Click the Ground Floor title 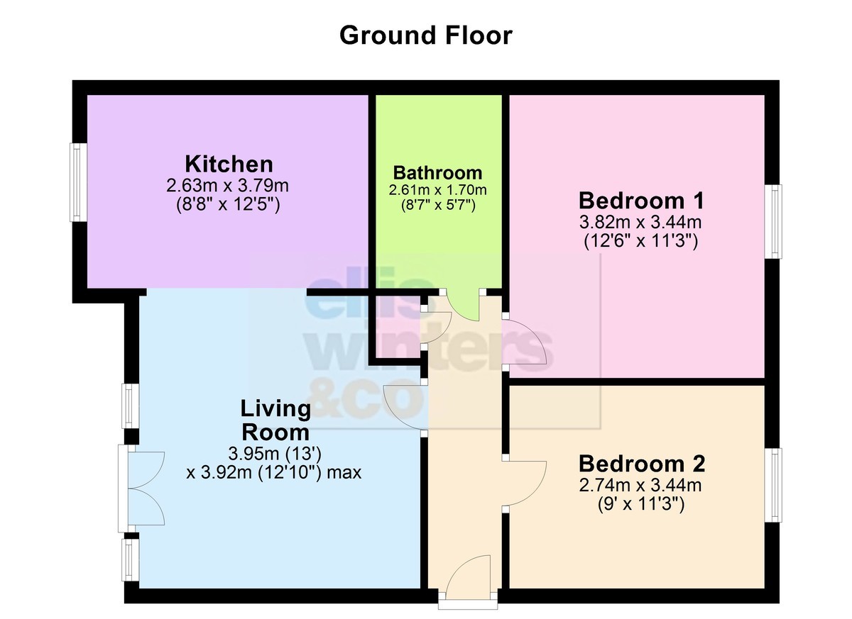425,35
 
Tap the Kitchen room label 229,164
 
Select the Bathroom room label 437,173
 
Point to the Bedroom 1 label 641,200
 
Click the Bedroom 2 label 642,464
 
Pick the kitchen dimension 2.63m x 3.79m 227,186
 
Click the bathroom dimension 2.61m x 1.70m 437,190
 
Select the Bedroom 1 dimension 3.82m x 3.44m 640,222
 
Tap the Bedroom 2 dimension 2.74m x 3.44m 640,485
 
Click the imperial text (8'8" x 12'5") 228,205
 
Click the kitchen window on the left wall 77,182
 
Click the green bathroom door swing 462,306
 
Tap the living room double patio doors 141,489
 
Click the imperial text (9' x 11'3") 641,505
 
